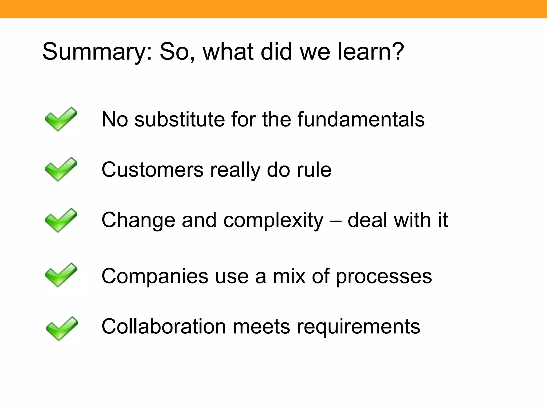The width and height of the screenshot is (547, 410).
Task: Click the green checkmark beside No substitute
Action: [61, 119]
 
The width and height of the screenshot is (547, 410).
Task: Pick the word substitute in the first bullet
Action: [179, 119]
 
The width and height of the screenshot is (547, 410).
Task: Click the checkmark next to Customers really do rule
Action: [61, 169]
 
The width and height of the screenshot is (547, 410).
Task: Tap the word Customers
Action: [152, 170]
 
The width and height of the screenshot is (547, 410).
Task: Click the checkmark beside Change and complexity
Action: [61, 220]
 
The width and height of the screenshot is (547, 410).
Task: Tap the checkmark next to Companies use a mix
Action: [61, 275]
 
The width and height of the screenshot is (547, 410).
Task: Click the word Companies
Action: [155, 277]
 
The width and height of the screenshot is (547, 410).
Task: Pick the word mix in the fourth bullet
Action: [289, 276]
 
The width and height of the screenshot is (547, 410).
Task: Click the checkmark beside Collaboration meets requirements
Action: [61, 329]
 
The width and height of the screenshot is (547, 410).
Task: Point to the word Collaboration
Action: [164, 326]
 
